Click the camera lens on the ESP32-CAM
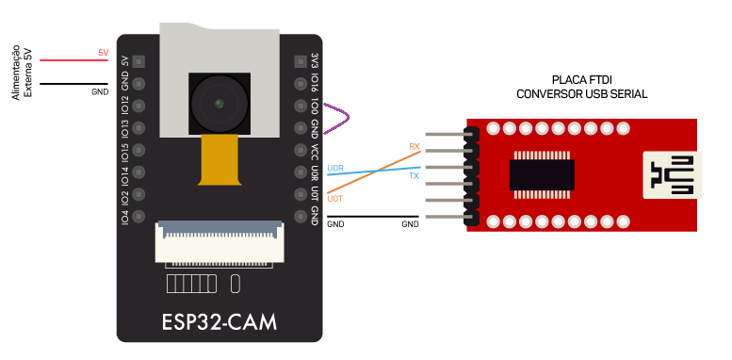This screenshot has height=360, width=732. coord(220,102)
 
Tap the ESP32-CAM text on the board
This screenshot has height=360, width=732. coord(220,321)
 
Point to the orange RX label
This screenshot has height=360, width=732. coord(414,146)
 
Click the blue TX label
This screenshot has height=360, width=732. coord(414,176)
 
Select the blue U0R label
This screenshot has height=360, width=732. coord(334,168)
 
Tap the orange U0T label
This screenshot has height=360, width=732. coord(334,199)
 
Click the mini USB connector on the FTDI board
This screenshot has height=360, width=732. coord(671,174)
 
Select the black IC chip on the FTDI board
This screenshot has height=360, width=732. coord(543,174)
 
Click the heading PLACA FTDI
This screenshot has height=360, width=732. coord(581,81)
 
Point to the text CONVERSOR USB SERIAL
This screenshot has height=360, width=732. coord(581,94)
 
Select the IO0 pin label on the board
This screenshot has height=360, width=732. coord(314,106)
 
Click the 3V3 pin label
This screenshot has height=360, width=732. coord(314,60)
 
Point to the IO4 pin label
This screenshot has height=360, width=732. coord(124,217)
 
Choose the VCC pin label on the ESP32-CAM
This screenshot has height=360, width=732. coord(314,151)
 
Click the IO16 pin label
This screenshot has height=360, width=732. coord(314,83)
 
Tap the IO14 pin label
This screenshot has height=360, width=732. coord(124,173)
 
